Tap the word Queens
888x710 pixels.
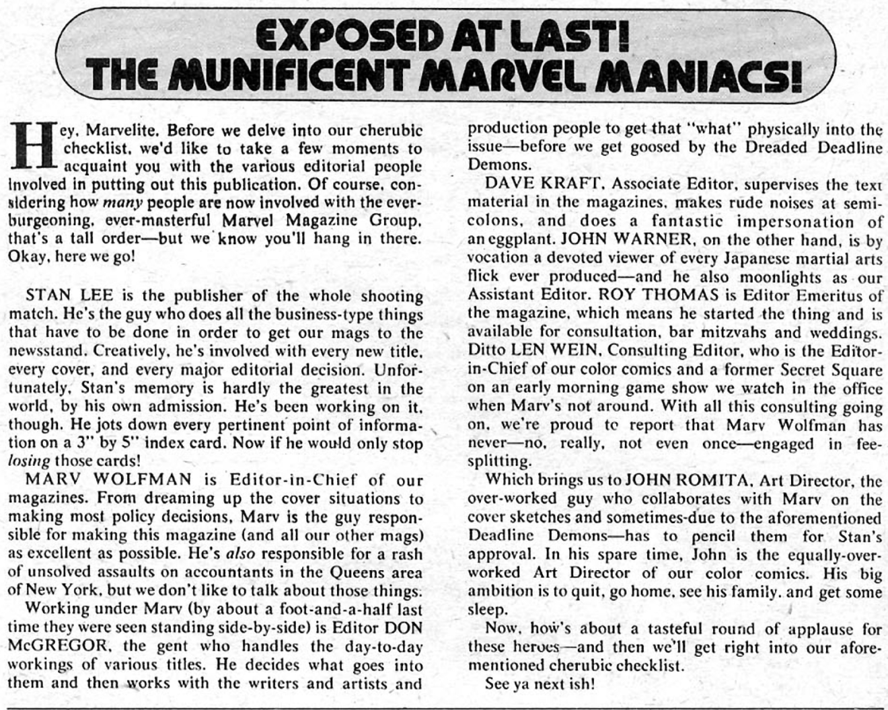tap(351, 573)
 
